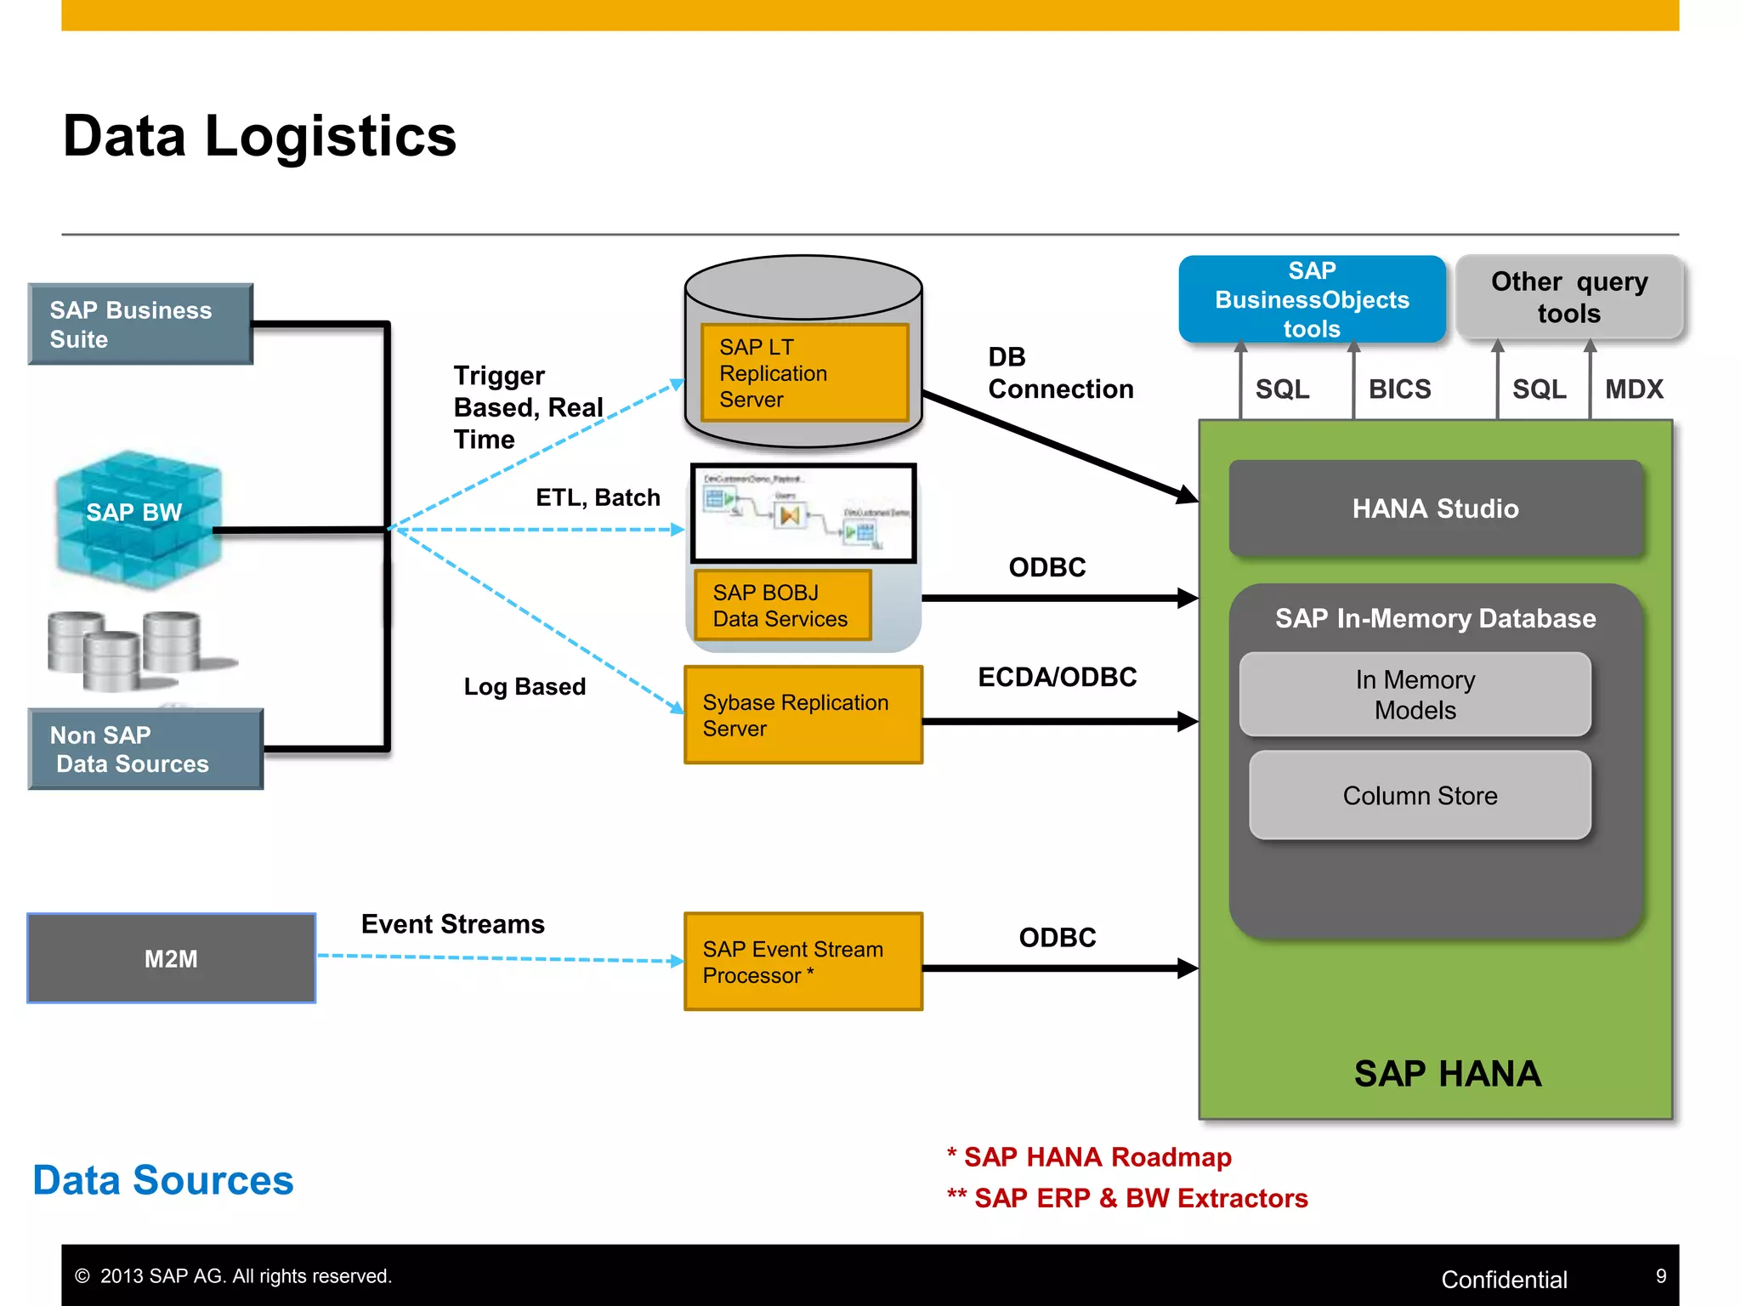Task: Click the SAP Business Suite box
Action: [140, 324]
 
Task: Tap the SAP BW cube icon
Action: [136, 518]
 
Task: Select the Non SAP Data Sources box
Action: [145, 749]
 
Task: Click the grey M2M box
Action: [171, 958]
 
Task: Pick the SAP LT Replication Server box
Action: [804, 372]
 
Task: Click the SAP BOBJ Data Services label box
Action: [782, 605]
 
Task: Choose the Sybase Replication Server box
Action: [802, 715]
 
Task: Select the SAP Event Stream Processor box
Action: [802, 962]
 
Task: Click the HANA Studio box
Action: [1435, 508]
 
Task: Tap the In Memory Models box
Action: [1415, 695]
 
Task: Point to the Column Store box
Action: [1420, 795]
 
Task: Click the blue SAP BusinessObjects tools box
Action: [1312, 299]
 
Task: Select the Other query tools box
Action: [1568, 297]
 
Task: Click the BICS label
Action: [1399, 389]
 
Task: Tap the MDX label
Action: [1633, 389]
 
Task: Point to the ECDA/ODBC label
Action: [1057, 677]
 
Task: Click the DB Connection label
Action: [1059, 373]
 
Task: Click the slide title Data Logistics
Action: [259, 136]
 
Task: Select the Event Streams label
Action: [452, 924]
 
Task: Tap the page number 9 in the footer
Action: [1660, 1276]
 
